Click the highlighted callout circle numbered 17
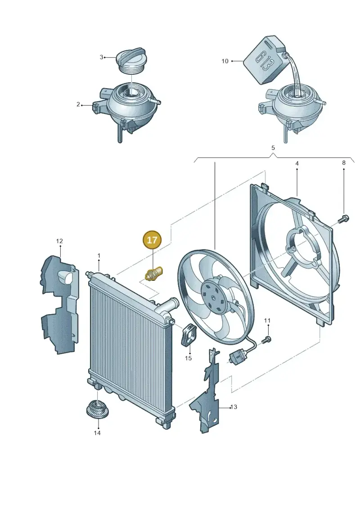pyautogui.click(x=152, y=240)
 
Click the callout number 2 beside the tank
pyautogui.click(x=78, y=104)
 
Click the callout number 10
pyautogui.click(x=225, y=61)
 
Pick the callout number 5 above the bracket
pyautogui.click(x=273, y=148)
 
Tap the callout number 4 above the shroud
pyautogui.click(x=297, y=164)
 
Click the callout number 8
pyautogui.click(x=344, y=162)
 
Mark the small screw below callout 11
pyautogui.click(x=266, y=339)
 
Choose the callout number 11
pyautogui.click(x=267, y=321)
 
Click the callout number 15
pyautogui.click(x=188, y=358)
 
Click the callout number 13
pyautogui.click(x=234, y=407)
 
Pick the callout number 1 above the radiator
pyautogui.click(x=99, y=256)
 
